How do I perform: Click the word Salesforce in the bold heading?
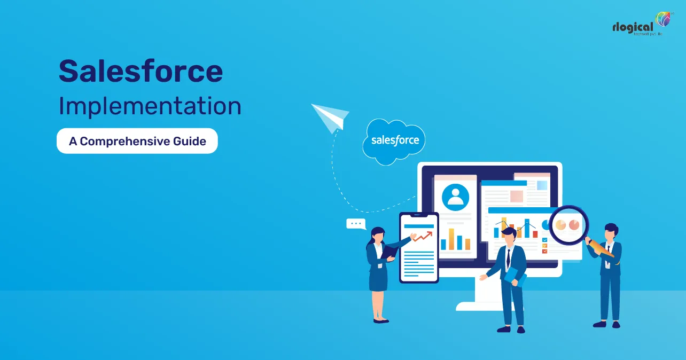coord(141,71)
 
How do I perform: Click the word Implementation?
coord(150,106)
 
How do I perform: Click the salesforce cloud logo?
coord(395,140)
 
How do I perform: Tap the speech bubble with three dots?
coord(356,224)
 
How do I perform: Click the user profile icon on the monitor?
coord(455,198)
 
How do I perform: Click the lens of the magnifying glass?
coord(567,225)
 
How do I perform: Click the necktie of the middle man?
coord(508,259)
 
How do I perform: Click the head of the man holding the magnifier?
coord(611,232)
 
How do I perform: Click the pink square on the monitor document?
coord(516,196)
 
